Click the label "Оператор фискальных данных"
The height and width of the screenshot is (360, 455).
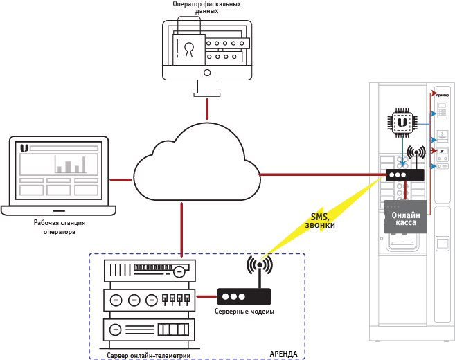(x=207, y=8)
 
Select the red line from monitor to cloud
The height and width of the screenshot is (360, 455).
(x=206, y=108)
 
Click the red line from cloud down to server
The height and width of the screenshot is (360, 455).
(x=181, y=228)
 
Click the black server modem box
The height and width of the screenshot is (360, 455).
(x=244, y=296)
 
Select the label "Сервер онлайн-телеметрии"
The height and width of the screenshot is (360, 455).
(x=149, y=354)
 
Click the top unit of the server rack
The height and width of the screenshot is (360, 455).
(x=149, y=269)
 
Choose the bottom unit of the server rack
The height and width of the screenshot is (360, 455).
(x=149, y=329)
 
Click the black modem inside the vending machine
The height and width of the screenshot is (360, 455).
(x=404, y=176)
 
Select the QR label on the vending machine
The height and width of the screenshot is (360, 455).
(x=441, y=150)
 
